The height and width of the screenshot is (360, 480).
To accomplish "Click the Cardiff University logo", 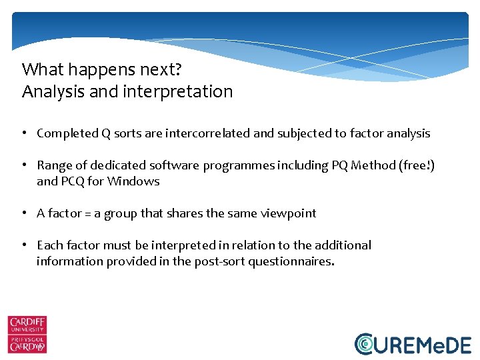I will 27,334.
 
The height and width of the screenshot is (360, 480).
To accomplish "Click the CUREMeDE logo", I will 413,343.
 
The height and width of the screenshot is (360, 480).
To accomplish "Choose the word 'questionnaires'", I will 289,261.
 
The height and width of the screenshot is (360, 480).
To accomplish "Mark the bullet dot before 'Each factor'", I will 23,245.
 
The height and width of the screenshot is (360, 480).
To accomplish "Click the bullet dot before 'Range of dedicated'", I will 23,165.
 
